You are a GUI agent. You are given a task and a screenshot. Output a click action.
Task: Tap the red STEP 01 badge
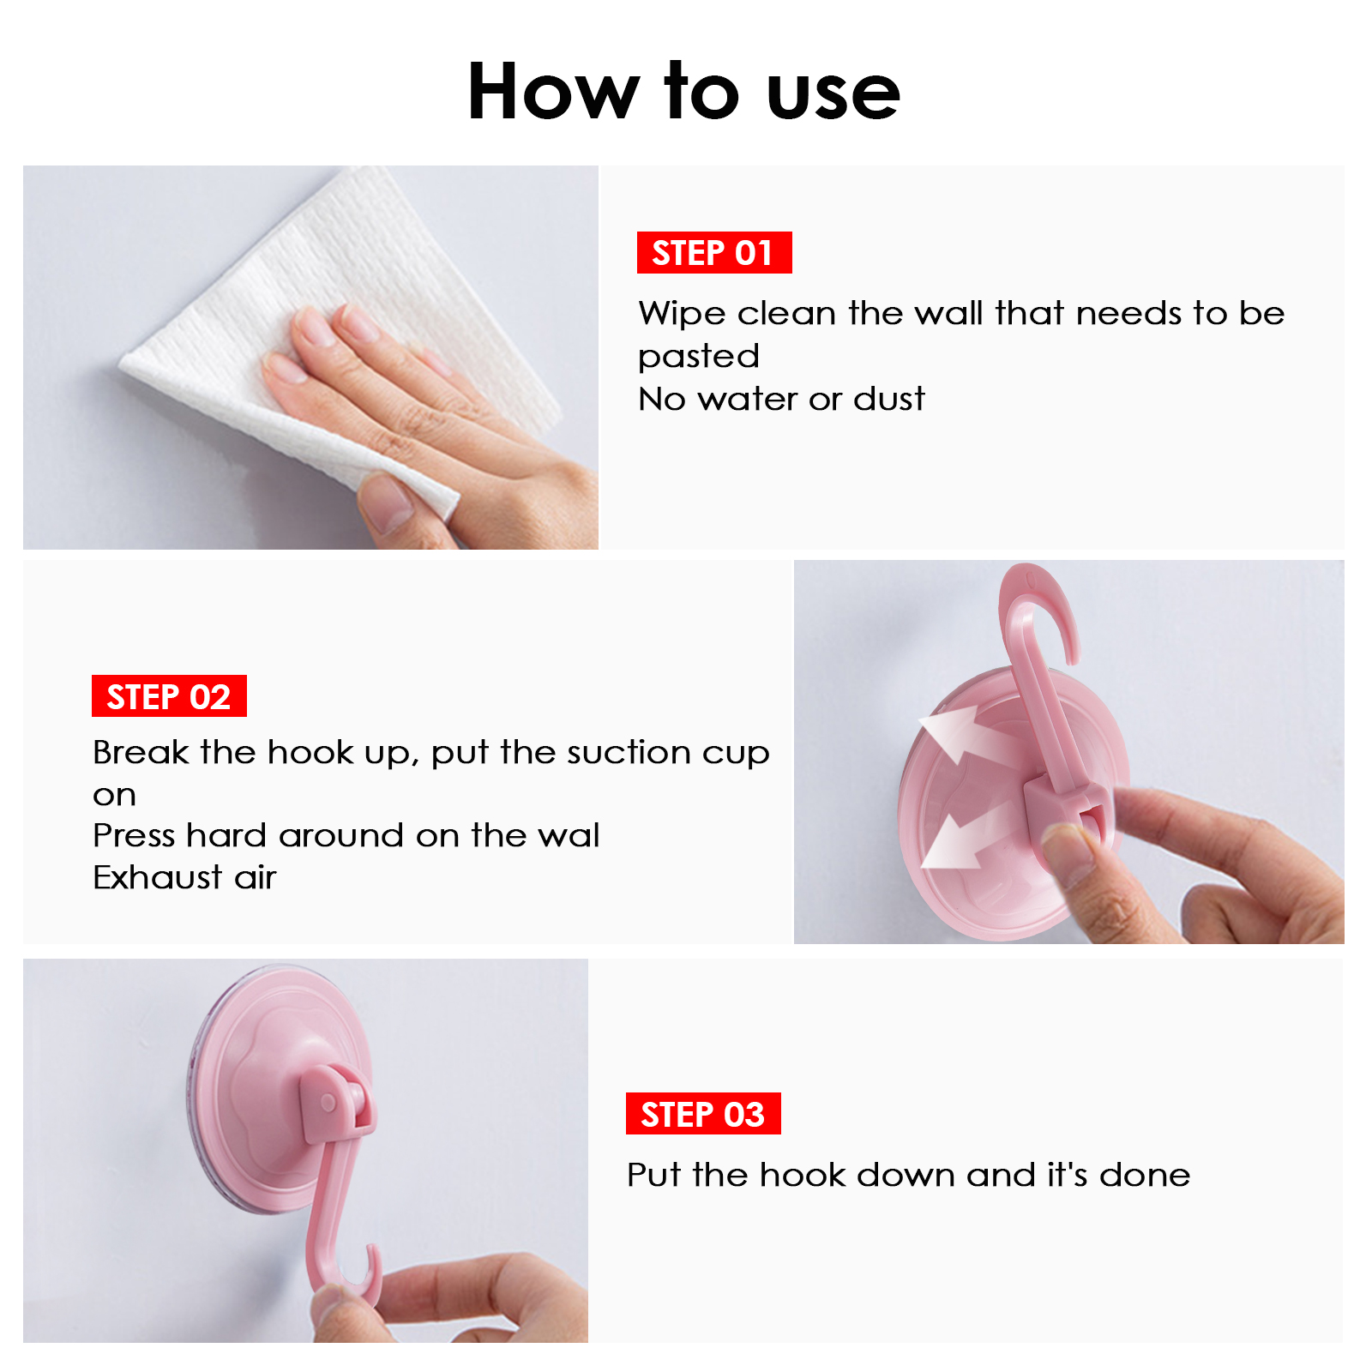pyautogui.click(x=714, y=252)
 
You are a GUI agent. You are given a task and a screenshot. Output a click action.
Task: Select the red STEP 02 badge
pyautogui.click(x=169, y=696)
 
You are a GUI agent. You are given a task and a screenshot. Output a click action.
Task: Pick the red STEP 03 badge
pyautogui.click(x=703, y=1114)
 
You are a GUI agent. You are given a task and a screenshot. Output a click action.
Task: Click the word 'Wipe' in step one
pyautogui.click(x=683, y=315)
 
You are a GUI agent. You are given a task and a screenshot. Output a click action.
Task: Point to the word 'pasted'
pyautogui.click(x=699, y=357)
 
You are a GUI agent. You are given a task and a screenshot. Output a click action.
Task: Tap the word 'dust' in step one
pyautogui.click(x=889, y=399)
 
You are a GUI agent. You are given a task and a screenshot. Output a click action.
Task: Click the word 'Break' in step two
pyautogui.click(x=141, y=752)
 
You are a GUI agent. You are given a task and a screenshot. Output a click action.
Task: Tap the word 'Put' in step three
pyautogui.click(x=653, y=1175)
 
